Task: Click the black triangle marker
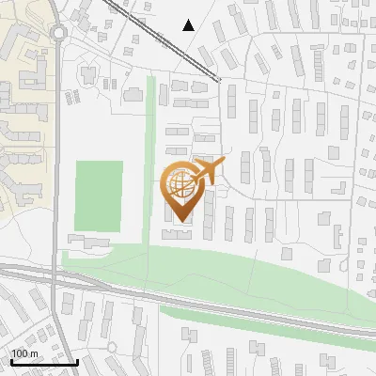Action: (189, 25)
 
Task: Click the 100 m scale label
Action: (24, 353)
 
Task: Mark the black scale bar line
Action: (43, 361)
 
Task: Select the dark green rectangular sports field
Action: (99, 196)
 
